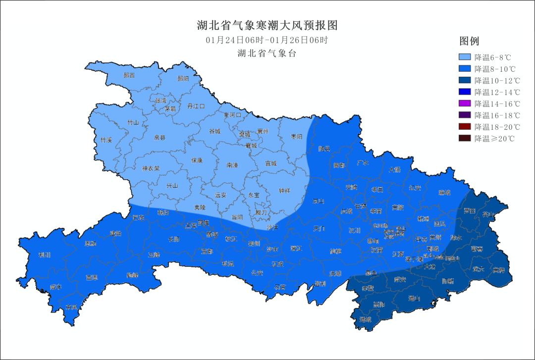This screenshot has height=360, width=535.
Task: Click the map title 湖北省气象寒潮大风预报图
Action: click(x=267, y=25)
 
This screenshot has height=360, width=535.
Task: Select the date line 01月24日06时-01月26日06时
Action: click(x=267, y=40)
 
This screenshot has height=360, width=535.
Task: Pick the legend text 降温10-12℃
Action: click(x=497, y=81)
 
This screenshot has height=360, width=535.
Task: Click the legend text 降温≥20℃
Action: click(x=494, y=139)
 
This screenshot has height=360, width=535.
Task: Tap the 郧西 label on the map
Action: click(x=129, y=76)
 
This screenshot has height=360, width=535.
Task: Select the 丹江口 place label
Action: click(x=196, y=106)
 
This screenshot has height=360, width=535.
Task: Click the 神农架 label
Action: click(x=151, y=168)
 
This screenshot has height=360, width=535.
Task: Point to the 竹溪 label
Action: click(x=106, y=140)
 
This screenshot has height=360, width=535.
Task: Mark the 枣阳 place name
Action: click(x=296, y=137)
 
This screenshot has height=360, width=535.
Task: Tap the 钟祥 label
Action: click(x=284, y=191)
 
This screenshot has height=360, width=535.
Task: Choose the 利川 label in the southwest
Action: click(x=45, y=255)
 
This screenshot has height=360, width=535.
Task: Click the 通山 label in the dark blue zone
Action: click(x=414, y=299)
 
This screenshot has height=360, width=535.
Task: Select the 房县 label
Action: click(x=159, y=137)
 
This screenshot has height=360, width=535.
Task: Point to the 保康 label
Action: click(x=197, y=160)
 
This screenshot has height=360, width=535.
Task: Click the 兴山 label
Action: click(x=171, y=186)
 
